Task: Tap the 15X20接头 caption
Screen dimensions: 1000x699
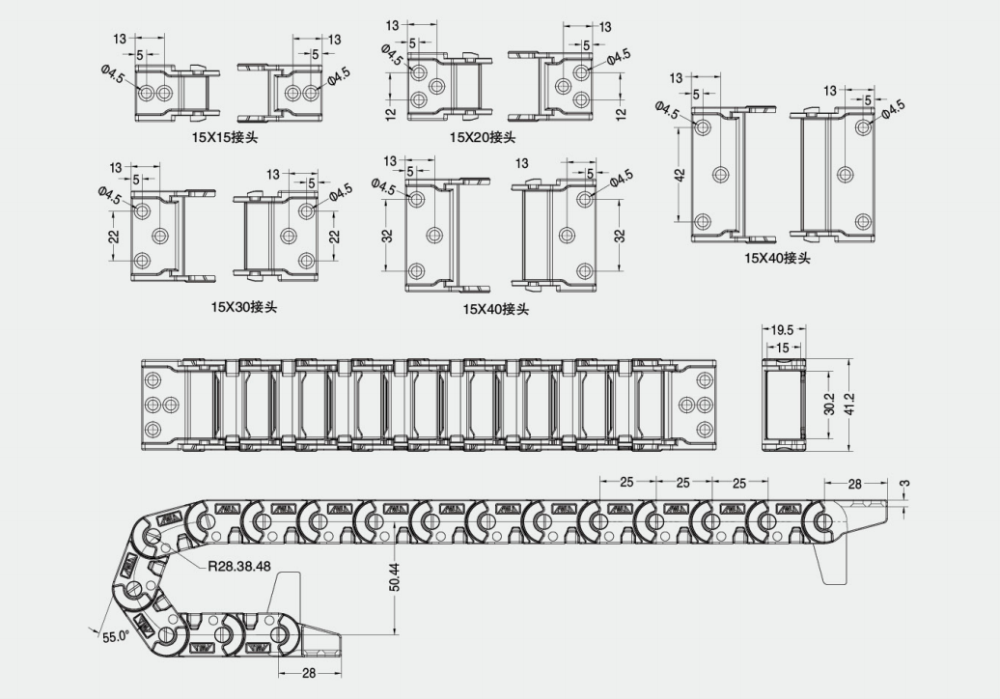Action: click(x=483, y=137)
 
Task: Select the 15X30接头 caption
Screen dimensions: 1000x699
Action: click(x=244, y=307)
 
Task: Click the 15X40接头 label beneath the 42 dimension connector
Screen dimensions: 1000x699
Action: click(x=777, y=259)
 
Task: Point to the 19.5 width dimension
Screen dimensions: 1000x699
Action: click(x=782, y=330)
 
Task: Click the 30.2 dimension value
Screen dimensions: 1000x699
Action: click(x=829, y=403)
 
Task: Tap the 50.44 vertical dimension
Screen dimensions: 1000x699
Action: click(x=395, y=577)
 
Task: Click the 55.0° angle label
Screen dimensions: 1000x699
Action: click(x=116, y=636)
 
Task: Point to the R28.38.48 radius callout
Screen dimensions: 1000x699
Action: click(x=239, y=566)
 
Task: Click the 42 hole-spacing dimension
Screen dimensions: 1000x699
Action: click(x=680, y=175)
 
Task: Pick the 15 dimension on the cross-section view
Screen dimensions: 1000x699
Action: click(x=782, y=348)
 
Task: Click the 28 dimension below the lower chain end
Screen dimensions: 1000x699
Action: click(x=309, y=673)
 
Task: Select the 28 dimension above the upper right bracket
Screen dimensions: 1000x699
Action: click(x=854, y=484)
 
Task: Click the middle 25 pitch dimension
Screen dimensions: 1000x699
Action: click(x=683, y=483)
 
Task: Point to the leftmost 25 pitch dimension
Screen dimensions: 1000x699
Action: click(x=626, y=482)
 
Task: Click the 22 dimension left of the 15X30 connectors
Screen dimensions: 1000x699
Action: click(x=114, y=236)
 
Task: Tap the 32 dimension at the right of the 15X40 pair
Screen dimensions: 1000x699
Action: click(x=620, y=236)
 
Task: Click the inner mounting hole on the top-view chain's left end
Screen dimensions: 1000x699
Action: click(x=170, y=405)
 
